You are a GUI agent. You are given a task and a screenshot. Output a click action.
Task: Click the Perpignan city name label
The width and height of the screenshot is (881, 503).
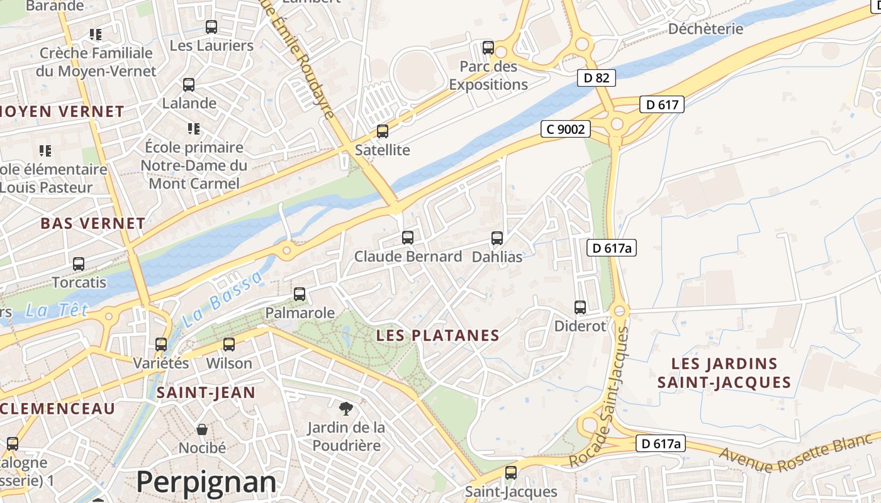pos(206,482)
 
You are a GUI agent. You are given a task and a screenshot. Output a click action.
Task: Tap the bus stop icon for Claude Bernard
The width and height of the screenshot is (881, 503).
pos(408,238)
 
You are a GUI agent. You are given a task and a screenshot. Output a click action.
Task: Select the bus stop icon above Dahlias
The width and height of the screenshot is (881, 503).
pos(497,238)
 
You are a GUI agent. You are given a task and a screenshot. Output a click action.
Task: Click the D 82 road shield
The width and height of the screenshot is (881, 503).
pos(596,78)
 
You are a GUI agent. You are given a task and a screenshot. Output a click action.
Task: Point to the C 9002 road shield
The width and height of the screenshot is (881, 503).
pos(566,130)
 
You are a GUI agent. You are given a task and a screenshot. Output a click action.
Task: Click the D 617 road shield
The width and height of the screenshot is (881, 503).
pos(662,104)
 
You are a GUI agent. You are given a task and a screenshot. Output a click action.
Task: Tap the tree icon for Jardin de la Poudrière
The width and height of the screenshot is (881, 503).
pos(345,409)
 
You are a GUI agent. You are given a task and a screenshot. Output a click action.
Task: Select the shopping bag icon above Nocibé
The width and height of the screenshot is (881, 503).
pos(202,429)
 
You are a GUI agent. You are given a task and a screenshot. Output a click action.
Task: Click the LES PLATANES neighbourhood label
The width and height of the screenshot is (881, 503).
pos(437,336)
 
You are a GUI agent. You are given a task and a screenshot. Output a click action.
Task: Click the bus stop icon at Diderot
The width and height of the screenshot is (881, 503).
pos(580,307)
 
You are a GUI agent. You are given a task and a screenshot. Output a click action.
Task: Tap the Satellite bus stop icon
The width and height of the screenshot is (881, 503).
pos(383,131)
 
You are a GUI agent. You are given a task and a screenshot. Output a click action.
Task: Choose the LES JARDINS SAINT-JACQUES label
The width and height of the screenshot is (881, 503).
pos(724,373)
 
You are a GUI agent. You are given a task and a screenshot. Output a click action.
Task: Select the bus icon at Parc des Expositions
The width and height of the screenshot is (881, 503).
pos(488,48)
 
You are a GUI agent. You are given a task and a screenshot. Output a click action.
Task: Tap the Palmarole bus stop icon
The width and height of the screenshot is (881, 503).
pos(300,294)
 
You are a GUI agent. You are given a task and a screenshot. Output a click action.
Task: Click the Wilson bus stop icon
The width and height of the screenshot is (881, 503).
pos(229,345)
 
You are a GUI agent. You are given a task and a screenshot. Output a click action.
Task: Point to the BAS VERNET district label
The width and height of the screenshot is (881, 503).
pos(93,223)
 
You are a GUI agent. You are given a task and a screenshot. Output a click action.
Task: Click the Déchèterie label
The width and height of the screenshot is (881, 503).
pos(705,29)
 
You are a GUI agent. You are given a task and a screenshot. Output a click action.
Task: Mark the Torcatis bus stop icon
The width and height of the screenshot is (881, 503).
pos(79,264)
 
